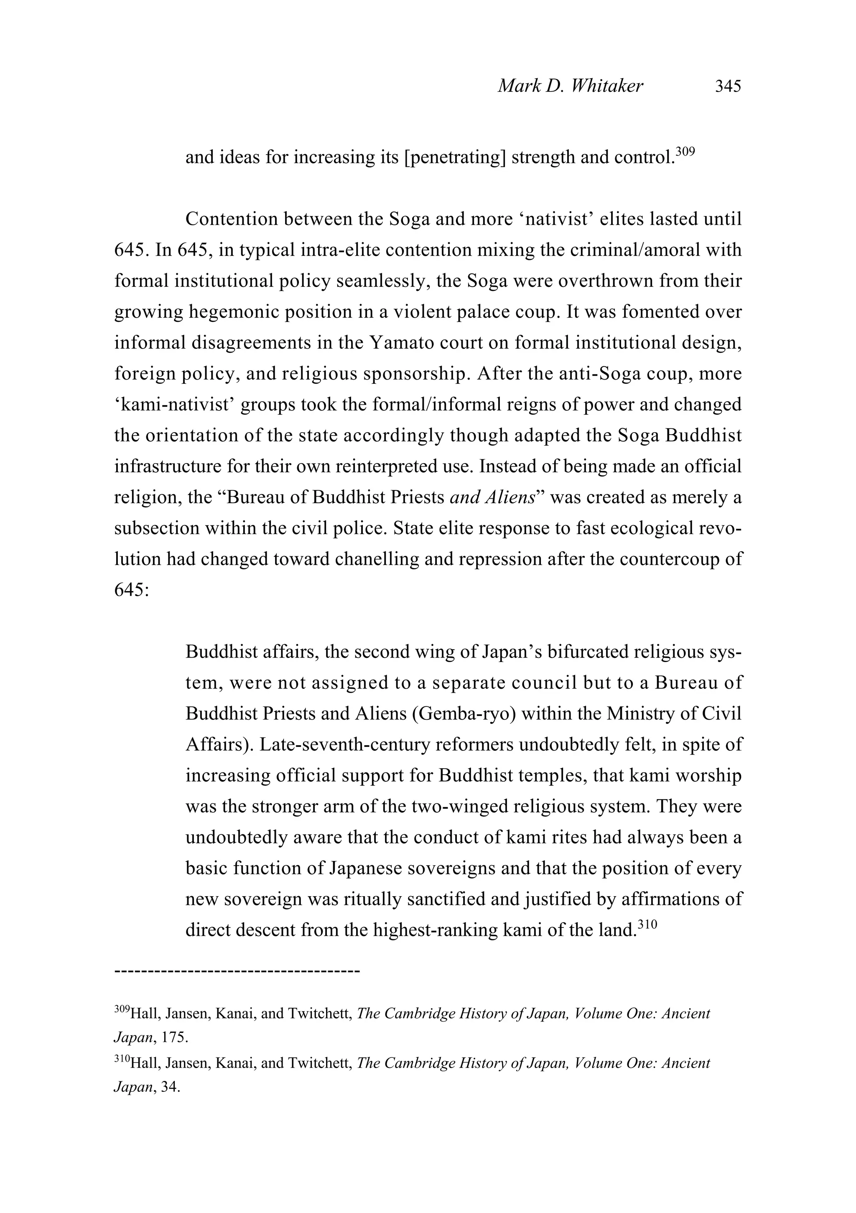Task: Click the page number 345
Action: pyautogui.click(x=728, y=86)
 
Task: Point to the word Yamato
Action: pyautogui.click(x=401, y=343)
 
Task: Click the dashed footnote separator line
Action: pyautogui.click(x=237, y=971)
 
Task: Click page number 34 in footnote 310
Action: pyautogui.click(x=169, y=1088)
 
